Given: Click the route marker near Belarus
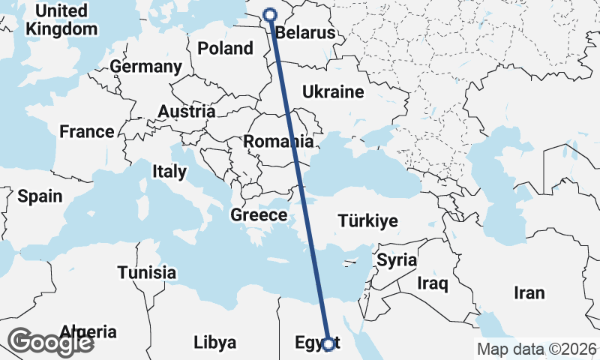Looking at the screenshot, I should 271,13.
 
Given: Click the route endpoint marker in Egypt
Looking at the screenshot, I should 328,343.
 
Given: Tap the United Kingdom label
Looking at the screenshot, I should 61,20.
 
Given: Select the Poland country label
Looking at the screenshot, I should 225,49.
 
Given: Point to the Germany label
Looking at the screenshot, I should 145,67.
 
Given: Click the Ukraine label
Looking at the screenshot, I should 333,92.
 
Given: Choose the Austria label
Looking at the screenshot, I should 187,112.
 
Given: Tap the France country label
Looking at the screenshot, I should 87,132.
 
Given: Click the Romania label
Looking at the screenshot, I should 277,141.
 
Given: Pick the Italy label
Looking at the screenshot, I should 169,171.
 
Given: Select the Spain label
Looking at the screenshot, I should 39,196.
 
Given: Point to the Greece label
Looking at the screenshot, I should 259,215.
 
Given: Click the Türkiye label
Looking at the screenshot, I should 367,221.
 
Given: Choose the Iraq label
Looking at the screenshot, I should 433,283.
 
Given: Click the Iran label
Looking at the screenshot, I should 529,292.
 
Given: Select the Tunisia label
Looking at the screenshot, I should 147,273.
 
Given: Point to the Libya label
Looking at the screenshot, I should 214,343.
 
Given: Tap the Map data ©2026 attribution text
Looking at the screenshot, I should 537,349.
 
